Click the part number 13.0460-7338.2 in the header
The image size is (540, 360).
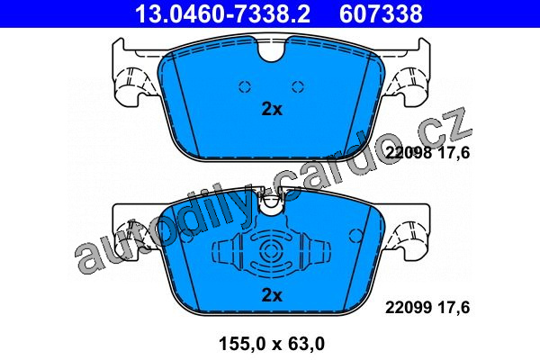pos(222,13)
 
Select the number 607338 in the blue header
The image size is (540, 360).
pos(381,13)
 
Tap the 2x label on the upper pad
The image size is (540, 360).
pos(272,109)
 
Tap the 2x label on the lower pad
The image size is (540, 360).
pos(272,295)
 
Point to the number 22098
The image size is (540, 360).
pos(409,153)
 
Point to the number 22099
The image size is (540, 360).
pos(409,307)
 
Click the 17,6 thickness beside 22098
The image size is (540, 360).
pos(454,153)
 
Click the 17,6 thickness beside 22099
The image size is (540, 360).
pos(454,307)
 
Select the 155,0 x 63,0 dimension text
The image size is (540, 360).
pos(272,344)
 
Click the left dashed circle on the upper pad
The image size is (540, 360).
pos(245,86)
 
